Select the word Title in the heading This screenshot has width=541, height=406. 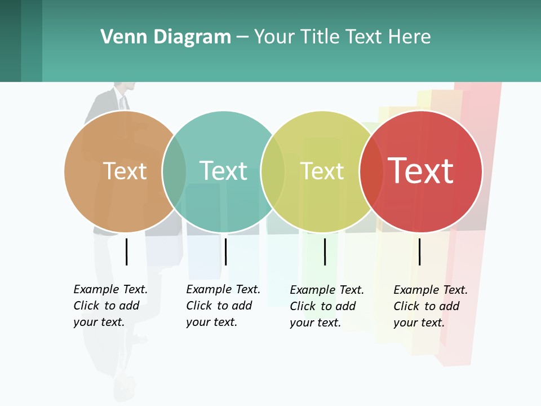point(320,37)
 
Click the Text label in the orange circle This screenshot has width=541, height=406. point(125,170)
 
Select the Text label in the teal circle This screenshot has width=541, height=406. point(224,170)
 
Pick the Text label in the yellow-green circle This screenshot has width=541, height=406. point(322,170)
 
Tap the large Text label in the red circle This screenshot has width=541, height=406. point(421,170)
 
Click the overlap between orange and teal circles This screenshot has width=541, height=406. point(174,171)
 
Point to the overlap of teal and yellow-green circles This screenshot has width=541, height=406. point(273,171)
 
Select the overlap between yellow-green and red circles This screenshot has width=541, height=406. point(371,171)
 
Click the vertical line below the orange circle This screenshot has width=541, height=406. point(126,251)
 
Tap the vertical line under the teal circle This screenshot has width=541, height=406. point(225,251)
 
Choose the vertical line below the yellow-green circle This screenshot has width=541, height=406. point(325,251)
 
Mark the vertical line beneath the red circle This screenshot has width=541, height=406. point(419,251)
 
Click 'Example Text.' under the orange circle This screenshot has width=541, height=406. point(110,289)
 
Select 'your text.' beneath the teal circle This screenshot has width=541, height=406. point(211,322)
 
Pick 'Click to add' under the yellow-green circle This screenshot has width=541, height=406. point(323,306)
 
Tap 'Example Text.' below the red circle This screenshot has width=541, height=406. point(431,290)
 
